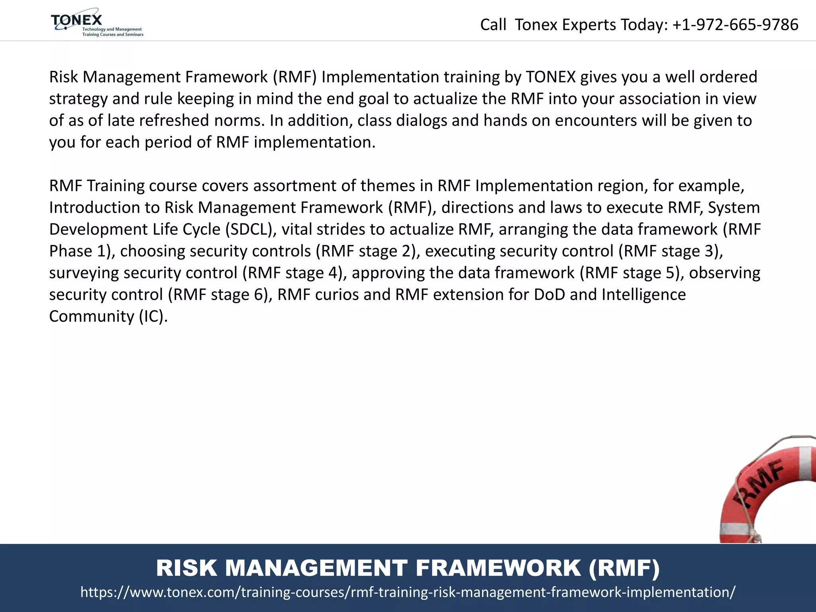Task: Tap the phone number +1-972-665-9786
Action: point(735,25)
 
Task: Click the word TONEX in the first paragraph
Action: point(551,77)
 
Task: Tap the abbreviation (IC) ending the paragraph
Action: point(153,316)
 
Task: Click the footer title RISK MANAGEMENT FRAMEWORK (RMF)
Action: point(408,568)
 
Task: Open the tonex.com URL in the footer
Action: point(408,592)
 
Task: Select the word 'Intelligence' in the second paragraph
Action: point(643,295)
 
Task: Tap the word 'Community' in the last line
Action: point(92,316)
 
